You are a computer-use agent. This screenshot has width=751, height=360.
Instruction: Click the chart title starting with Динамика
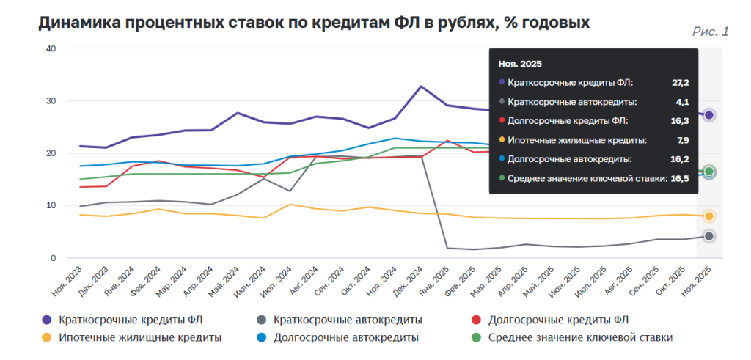pos(314,23)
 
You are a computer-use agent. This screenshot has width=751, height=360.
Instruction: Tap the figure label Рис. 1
pos(710,32)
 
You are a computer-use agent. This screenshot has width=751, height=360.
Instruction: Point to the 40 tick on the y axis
pos(51,48)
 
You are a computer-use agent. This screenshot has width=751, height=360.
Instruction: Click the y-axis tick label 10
pos(51,206)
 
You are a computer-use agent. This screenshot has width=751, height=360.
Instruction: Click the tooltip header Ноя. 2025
pos(520,64)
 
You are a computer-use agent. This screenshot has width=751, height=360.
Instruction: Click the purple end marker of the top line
pos(709,115)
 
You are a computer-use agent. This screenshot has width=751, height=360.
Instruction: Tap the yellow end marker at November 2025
pos(709,216)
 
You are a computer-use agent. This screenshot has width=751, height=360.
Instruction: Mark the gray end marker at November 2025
pos(709,236)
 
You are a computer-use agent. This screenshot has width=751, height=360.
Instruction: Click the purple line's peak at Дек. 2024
pos(421,87)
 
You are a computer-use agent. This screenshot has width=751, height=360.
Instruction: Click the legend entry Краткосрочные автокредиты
pos(348,320)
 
